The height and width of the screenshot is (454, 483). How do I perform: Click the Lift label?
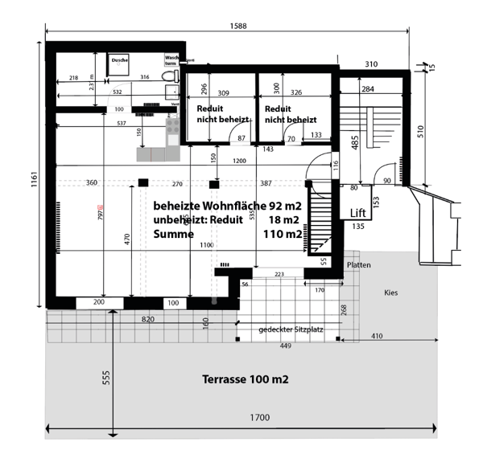358,212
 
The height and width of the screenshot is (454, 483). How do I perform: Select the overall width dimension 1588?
237,27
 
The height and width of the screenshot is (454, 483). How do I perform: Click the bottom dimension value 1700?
258,418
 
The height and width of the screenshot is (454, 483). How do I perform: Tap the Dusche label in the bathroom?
120,59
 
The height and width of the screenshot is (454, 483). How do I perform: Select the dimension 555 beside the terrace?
105,379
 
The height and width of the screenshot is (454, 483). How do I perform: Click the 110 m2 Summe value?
282,235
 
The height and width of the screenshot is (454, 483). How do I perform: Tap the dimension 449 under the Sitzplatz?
287,346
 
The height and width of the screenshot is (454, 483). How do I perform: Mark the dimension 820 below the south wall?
147,319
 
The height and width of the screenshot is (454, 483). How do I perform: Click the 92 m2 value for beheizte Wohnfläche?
285,206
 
